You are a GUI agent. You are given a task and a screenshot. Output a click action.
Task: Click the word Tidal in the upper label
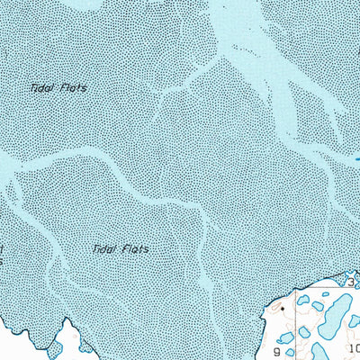(40, 87)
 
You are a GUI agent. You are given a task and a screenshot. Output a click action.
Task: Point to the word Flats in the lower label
(133, 247)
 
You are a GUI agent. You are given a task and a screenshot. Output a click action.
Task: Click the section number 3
(351, 283)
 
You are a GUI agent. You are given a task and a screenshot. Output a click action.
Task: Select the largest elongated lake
(335, 314)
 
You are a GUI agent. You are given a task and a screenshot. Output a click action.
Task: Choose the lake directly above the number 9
(286, 338)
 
